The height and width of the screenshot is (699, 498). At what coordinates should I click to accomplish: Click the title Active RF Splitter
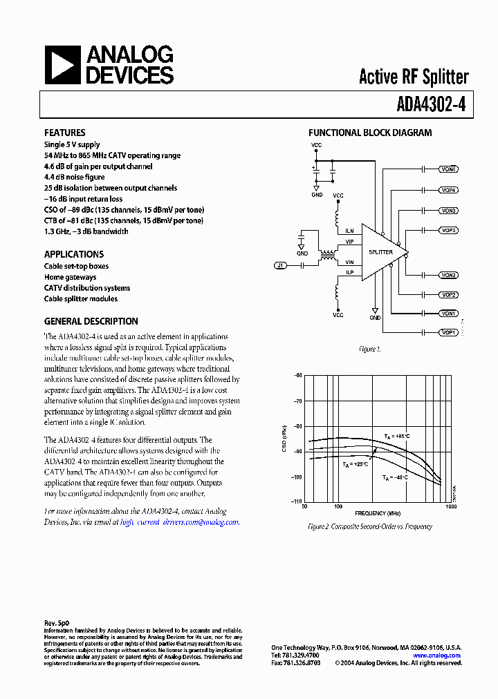413,77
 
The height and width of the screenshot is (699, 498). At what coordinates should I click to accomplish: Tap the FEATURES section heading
65,133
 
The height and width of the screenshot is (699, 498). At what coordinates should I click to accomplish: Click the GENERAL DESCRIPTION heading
91,321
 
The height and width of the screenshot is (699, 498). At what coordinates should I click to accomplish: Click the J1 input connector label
280,265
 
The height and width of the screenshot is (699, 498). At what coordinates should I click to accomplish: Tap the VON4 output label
448,169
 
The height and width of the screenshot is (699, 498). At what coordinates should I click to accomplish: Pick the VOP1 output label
448,332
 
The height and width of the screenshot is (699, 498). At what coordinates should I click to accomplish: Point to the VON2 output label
448,275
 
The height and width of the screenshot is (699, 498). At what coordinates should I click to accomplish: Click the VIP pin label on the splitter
349,242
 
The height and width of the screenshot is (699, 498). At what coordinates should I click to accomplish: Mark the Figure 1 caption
370,349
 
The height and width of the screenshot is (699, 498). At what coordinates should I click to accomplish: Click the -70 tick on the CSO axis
298,401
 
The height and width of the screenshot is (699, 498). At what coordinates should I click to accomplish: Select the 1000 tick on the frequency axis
450,506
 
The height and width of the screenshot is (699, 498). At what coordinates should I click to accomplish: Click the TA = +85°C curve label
397,437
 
